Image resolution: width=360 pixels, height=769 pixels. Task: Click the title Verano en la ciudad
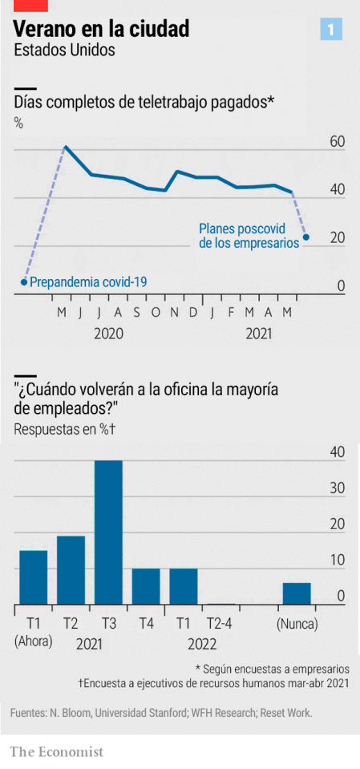(x=102, y=30)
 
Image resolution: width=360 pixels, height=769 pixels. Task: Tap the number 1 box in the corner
(x=331, y=30)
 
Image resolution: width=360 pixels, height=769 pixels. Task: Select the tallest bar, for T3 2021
(x=108, y=532)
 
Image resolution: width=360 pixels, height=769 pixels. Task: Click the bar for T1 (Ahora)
(x=34, y=577)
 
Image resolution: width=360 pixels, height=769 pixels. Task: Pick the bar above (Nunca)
(x=297, y=593)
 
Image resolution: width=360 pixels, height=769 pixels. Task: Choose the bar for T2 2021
(x=71, y=570)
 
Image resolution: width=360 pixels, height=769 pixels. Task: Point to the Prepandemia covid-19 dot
(x=24, y=282)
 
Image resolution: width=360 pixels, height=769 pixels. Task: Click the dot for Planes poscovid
(x=306, y=237)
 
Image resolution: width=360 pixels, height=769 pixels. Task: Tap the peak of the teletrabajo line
(x=65, y=147)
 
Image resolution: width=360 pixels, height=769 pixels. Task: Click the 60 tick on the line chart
(x=337, y=142)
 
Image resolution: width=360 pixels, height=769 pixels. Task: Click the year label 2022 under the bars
(x=201, y=644)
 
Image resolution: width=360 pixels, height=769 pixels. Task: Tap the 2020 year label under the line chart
(x=108, y=333)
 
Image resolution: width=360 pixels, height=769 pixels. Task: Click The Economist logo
(x=57, y=751)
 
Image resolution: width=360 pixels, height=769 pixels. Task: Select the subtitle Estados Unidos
(x=65, y=50)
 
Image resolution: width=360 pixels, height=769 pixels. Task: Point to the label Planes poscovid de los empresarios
(x=249, y=235)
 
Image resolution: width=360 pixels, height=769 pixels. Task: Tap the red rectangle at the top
(x=30, y=5)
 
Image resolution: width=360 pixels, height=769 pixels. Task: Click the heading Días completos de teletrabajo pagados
(x=144, y=102)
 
